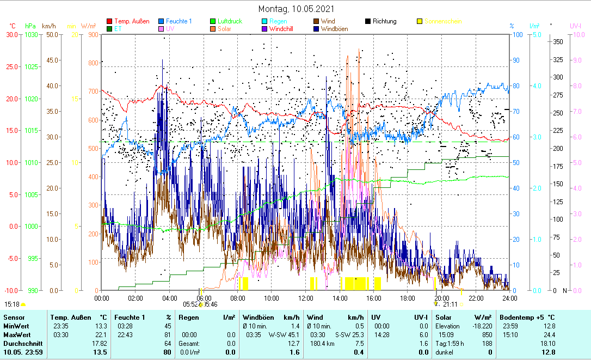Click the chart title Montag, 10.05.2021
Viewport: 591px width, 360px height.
[x=296, y=9]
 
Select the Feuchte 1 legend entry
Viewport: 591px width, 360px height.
[x=179, y=21]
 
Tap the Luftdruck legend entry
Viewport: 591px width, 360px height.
[x=230, y=21]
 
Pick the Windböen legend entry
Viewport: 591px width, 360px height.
[x=335, y=29]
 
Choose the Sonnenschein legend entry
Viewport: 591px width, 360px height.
[x=443, y=21]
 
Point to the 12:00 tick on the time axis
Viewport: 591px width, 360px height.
[x=306, y=298]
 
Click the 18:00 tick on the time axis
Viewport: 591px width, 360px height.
[x=408, y=298]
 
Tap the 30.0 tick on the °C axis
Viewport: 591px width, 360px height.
[x=12, y=35]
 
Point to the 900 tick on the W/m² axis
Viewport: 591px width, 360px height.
[x=92, y=35]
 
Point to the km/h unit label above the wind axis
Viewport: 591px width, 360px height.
[x=48, y=26]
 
